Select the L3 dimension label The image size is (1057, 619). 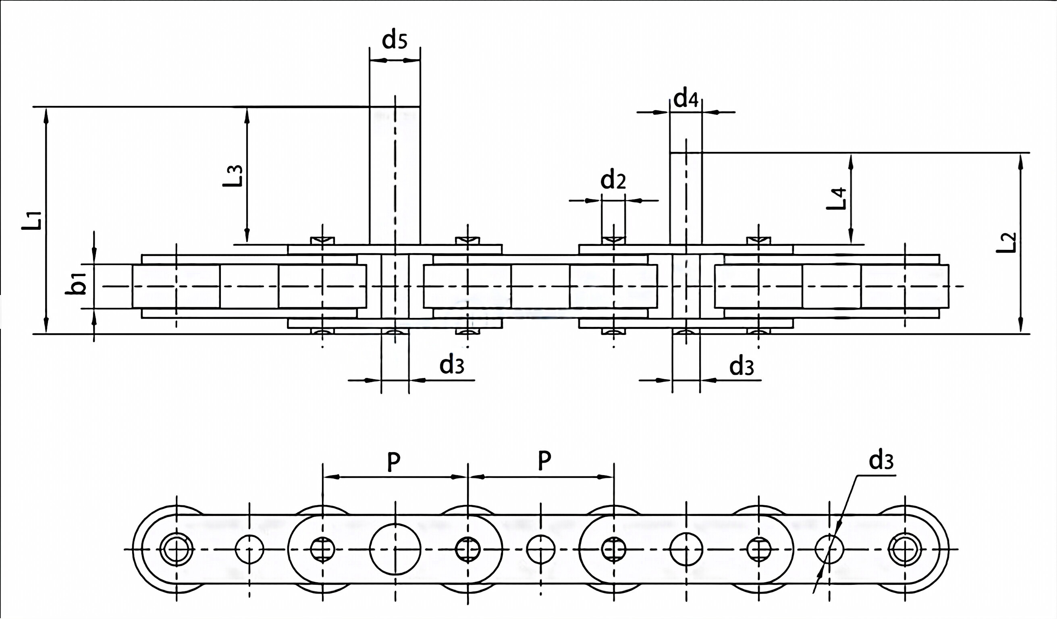[x=233, y=176]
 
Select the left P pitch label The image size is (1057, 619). [x=393, y=462]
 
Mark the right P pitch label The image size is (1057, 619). [x=544, y=461]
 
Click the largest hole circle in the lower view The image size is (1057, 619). [x=395, y=549]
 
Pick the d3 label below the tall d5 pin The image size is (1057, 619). [x=451, y=366]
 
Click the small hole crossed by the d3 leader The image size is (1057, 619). [x=829, y=549]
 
